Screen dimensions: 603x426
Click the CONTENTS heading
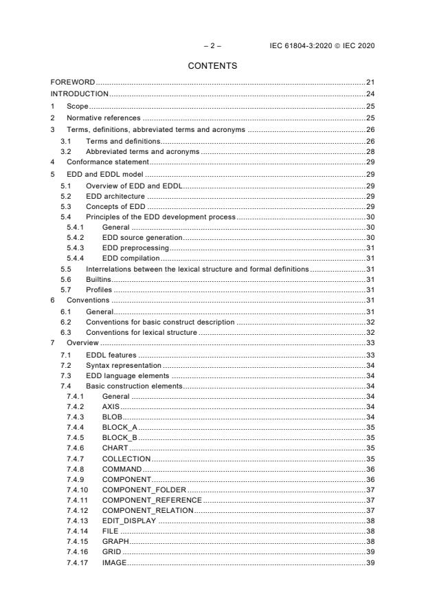tap(212, 66)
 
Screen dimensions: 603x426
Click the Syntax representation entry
tap(123, 365)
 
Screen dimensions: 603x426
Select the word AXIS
tap(111, 407)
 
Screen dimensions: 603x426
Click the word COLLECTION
tap(126, 458)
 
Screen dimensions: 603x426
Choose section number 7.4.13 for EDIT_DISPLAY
tap(76, 521)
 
